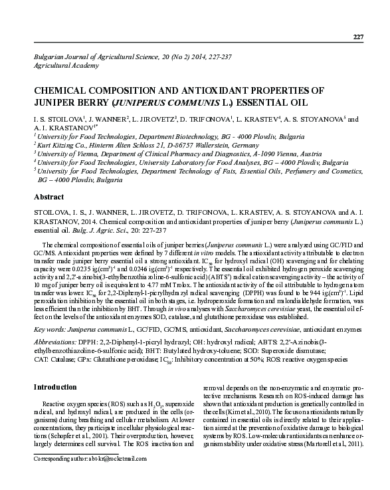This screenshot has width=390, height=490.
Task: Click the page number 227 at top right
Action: [x=357, y=36]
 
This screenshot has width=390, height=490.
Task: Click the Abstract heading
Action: [x=49, y=197]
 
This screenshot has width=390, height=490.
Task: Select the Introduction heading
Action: [x=56, y=387]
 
